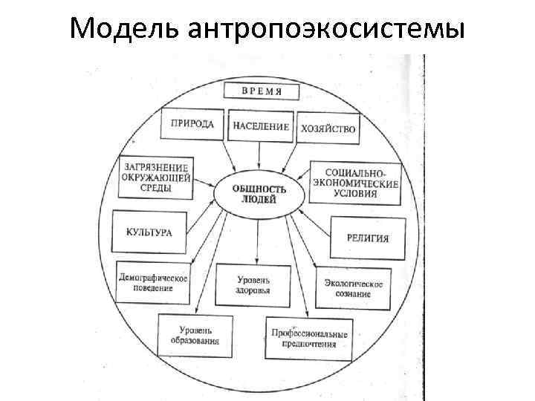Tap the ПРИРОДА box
tap(192, 125)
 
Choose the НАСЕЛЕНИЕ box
tap(261, 126)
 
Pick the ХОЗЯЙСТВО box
tap(328, 128)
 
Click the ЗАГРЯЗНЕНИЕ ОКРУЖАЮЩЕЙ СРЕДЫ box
tap(156, 177)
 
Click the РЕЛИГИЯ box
tap(367, 238)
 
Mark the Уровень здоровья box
tap(253, 285)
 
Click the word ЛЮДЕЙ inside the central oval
tap(259, 200)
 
